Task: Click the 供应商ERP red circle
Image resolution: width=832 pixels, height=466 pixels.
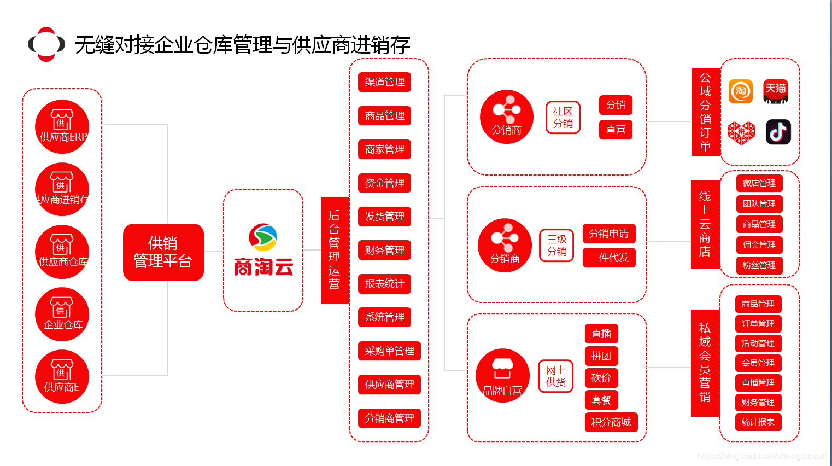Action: (62, 126)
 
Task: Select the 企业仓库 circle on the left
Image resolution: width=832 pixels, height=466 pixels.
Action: (62, 314)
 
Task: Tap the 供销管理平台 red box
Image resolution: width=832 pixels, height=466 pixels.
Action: (163, 252)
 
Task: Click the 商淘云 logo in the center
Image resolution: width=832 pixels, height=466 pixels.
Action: (263, 250)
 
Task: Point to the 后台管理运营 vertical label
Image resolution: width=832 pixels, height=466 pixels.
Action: (335, 250)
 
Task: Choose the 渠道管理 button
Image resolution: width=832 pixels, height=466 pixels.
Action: (384, 82)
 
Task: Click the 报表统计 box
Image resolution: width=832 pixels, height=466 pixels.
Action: (384, 284)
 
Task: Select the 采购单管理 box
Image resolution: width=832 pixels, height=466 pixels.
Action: (389, 351)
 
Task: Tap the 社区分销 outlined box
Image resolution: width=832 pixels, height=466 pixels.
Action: (563, 118)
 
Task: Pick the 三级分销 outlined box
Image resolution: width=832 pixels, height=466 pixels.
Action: (556, 246)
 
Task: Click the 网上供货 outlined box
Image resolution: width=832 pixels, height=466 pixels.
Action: (555, 376)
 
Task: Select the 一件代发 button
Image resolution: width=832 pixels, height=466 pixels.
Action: (608, 258)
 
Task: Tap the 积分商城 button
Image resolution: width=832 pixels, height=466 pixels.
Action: (611, 422)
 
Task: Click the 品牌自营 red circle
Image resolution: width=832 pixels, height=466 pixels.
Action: (502, 375)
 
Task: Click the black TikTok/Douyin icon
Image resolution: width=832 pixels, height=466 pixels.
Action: (778, 132)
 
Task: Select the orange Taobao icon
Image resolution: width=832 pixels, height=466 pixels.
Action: (741, 91)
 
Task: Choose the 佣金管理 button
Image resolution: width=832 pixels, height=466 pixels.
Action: (759, 245)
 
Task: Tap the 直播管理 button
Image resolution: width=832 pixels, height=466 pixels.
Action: (758, 383)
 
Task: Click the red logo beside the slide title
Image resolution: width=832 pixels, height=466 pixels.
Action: (46, 44)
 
